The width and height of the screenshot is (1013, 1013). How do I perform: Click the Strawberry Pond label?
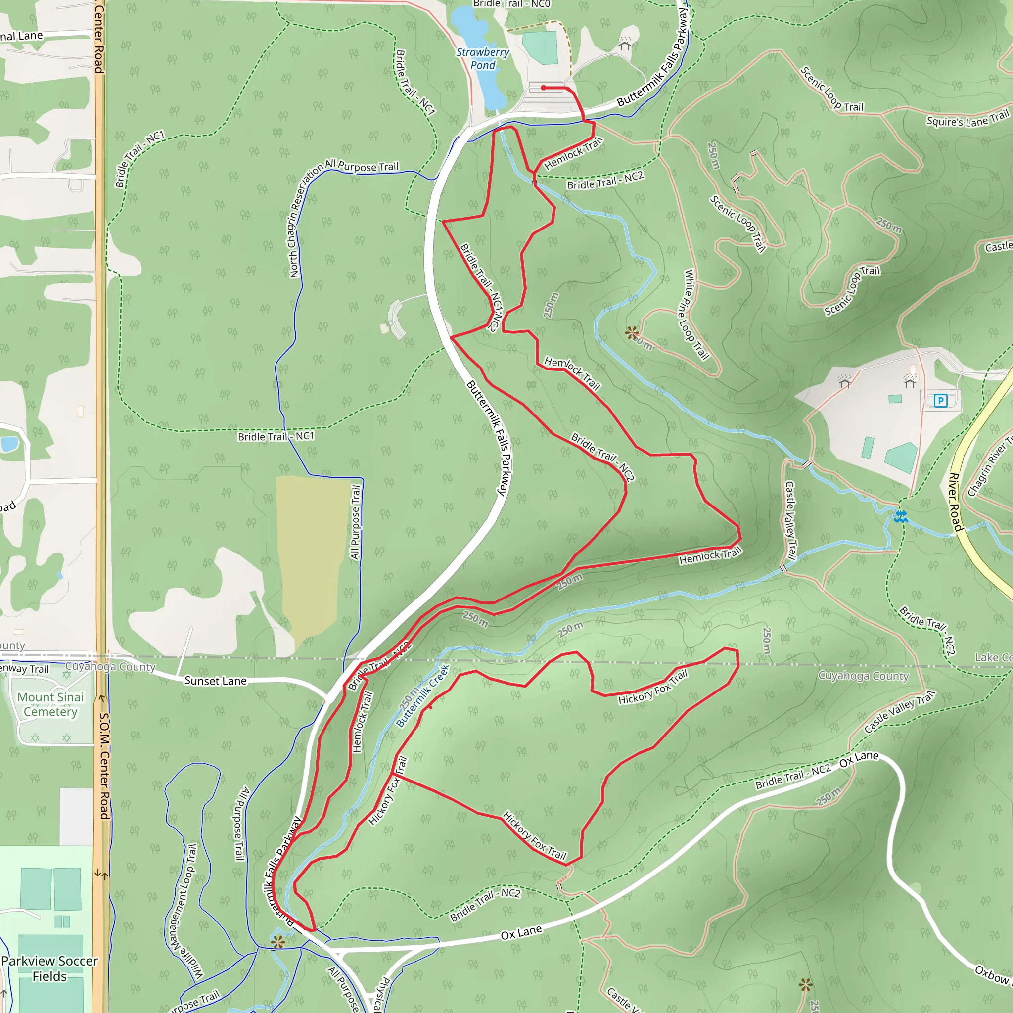click(x=482, y=59)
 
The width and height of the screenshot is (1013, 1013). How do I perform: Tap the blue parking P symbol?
click(x=941, y=401)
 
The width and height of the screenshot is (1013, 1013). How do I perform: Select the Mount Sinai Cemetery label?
click(x=50, y=704)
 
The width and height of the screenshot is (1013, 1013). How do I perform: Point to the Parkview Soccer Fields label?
click(x=49, y=968)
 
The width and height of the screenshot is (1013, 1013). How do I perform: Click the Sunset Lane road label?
click(x=215, y=681)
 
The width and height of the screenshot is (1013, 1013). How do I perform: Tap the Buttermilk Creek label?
click(x=422, y=696)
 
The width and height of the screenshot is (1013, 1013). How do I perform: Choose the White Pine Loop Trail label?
click(x=696, y=315)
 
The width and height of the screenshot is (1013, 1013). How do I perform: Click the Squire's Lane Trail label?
click(x=967, y=119)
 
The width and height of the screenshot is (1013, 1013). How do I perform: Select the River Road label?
click(x=957, y=502)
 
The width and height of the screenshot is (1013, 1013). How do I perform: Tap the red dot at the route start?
click(x=544, y=88)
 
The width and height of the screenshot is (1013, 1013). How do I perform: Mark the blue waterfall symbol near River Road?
click(x=901, y=516)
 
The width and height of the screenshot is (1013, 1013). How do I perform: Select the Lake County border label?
click(x=993, y=657)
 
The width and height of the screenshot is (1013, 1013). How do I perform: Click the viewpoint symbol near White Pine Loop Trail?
click(x=632, y=332)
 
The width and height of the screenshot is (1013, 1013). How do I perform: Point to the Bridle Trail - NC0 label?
click(x=511, y=4)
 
